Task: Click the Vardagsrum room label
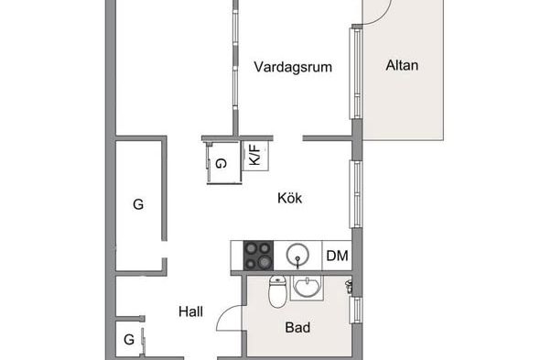tap(293, 67)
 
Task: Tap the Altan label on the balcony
tap(402, 65)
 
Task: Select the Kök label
tap(289, 198)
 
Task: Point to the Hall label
tap(190, 311)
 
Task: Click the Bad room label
tap(297, 327)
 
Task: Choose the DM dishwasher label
tap(337, 256)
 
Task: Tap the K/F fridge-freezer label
tap(254, 155)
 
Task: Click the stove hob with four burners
tap(258, 256)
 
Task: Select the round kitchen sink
tap(297, 256)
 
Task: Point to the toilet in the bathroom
tap(277, 291)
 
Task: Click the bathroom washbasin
tap(308, 287)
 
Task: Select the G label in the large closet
tap(138, 204)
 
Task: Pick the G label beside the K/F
tap(221, 163)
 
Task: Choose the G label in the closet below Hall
tap(129, 340)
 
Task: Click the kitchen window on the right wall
tap(356, 194)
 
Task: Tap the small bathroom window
tap(356, 311)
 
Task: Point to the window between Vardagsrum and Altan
tap(356, 73)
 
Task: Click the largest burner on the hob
tap(265, 262)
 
